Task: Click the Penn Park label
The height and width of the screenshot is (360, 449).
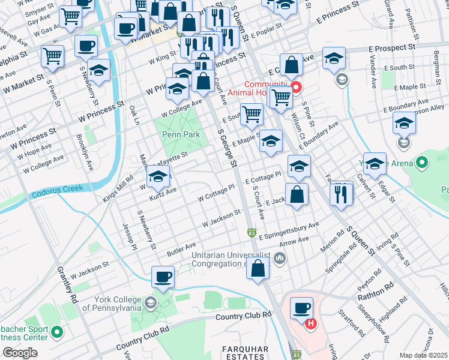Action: [181, 135]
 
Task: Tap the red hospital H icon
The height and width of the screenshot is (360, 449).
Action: [310, 325]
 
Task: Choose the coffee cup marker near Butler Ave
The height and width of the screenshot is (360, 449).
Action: [163, 277]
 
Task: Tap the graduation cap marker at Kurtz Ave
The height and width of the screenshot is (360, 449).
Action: [158, 177]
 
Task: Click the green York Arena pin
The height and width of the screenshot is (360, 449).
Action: [422, 162]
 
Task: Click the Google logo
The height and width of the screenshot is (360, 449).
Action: [20, 353]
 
